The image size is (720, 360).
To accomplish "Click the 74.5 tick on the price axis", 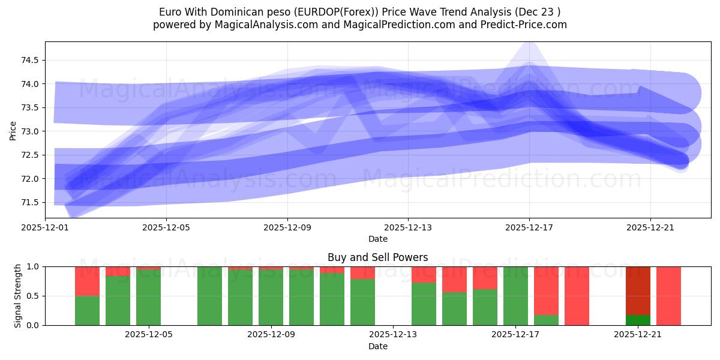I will pyautogui.click(x=30, y=60).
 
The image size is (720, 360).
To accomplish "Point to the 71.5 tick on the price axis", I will pyautogui.click(x=30, y=202).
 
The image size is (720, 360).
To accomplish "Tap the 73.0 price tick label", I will pyautogui.click(x=30, y=131).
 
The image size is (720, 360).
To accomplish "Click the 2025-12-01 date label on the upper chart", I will pyautogui.click(x=45, y=227).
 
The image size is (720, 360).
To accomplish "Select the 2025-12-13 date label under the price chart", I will pyautogui.click(x=408, y=227).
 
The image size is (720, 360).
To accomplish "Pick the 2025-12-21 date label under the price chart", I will pyautogui.click(x=650, y=227).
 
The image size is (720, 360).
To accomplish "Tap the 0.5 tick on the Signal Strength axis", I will pyautogui.click(x=34, y=296).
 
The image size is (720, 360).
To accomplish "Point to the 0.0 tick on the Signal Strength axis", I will pyautogui.click(x=34, y=325).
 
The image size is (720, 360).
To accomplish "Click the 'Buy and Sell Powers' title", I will pyautogui.click(x=377, y=257).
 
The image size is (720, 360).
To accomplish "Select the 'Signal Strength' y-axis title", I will pyautogui.click(x=18, y=296).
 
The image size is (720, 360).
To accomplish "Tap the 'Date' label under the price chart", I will pyautogui.click(x=377, y=239).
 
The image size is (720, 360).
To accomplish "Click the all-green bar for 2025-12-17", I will pyautogui.click(x=515, y=296).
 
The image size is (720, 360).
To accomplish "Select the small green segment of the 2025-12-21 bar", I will pyautogui.click(x=638, y=320).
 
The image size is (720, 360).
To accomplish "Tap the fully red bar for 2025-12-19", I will pyautogui.click(x=577, y=296).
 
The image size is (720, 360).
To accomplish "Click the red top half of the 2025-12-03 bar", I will pyautogui.click(x=87, y=281).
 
